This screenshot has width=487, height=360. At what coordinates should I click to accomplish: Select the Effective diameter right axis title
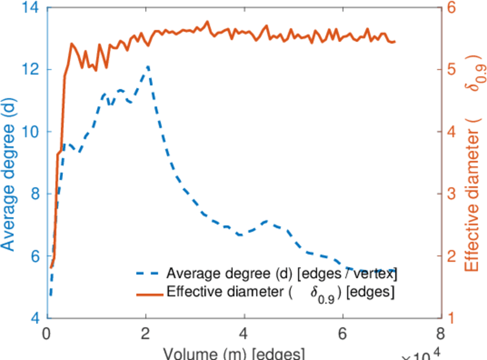(x=473, y=174)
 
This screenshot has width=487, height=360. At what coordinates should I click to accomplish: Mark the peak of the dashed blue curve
(x=146, y=67)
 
